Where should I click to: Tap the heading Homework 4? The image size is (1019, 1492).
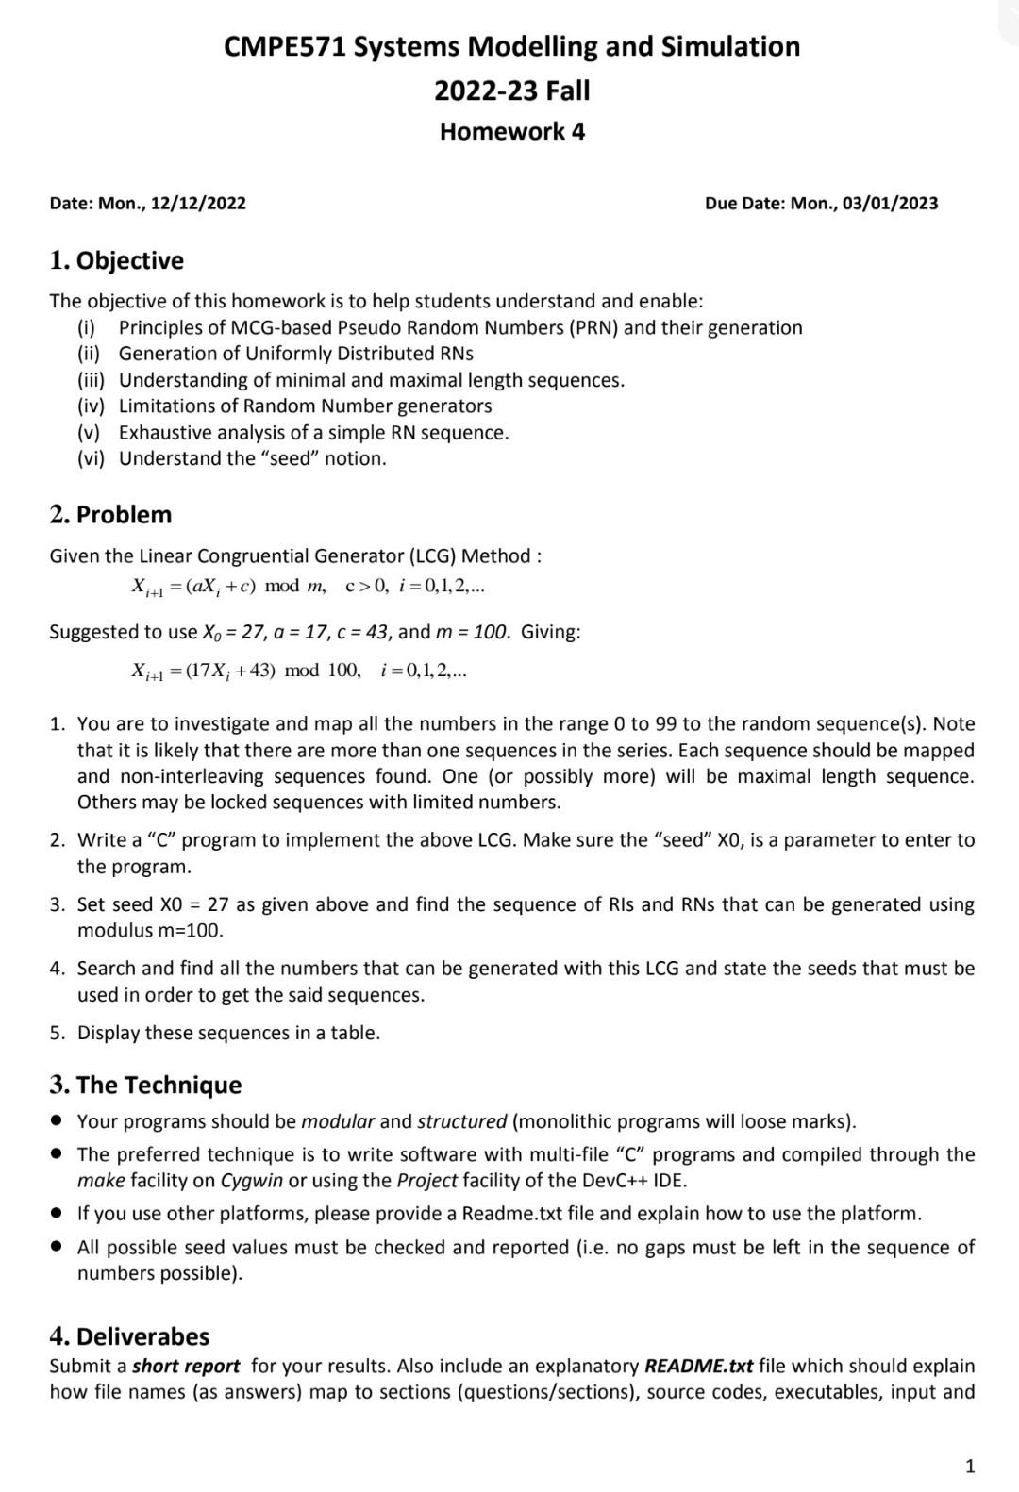pos(512,131)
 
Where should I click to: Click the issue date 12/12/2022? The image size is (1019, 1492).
pos(198,204)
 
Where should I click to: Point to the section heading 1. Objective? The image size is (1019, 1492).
pos(117,260)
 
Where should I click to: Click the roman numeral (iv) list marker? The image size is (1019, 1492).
pos(92,406)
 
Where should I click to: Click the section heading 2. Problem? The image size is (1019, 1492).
pos(111,515)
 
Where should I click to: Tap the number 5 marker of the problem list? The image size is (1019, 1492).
pos(58,1033)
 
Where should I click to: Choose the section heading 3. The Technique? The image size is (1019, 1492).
pos(146,1085)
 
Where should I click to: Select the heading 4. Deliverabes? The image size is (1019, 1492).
pos(130,1336)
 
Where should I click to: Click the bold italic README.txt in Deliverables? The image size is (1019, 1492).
pos(698,1367)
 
